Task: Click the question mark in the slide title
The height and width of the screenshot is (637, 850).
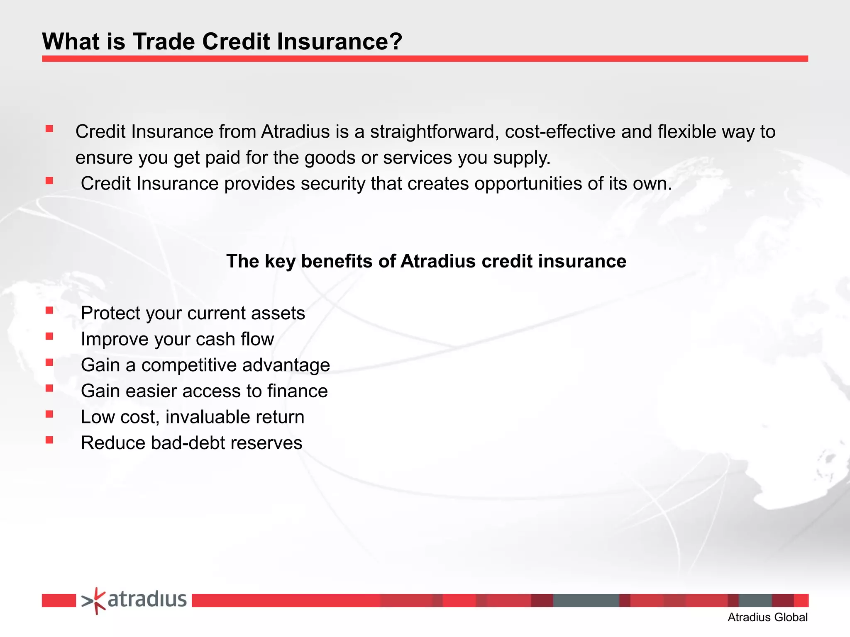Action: tap(394, 41)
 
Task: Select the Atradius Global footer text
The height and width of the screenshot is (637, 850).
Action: tap(767, 618)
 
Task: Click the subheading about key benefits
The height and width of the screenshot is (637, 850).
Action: tap(426, 261)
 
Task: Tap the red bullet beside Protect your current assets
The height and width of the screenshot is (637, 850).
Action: tap(49, 310)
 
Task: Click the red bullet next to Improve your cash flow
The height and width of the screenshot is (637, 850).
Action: tap(49, 336)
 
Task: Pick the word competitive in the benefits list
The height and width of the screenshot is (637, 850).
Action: tap(189, 365)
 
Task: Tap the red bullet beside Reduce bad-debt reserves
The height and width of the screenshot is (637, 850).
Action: tap(49, 440)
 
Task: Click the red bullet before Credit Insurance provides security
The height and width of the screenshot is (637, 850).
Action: tap(49, 180)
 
